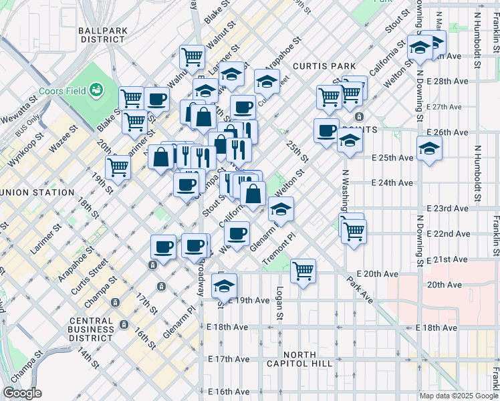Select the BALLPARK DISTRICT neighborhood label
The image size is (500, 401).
click(x=102, y=34)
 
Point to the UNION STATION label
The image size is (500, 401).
click(x=37, y=192)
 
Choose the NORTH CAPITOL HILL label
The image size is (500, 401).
click(x=307, y=358)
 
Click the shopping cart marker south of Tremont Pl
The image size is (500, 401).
click(x=303, y=271)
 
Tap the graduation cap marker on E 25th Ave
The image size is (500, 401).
click(x=429, y=148)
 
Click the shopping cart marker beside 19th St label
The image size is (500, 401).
click(x=118, y=168)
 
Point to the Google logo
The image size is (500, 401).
click(x=22, y=393)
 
